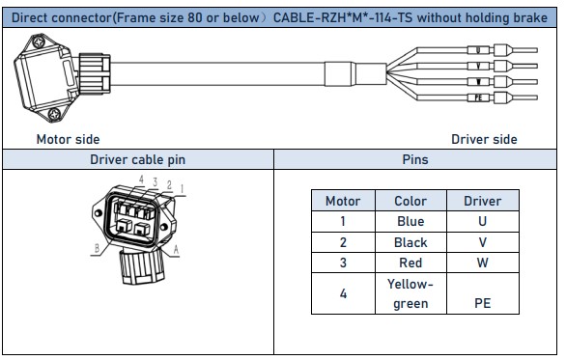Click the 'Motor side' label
click(x=68, y=139)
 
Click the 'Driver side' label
click(x=484, y=139)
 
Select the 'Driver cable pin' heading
click(x=137, y=159)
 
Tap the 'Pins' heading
click(x=414, y=159)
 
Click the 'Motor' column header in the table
click(x=343, y=201)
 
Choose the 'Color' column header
click(x=410, y=201)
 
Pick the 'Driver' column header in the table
click(x=482, y=201)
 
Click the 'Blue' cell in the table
click(x=410, y=221)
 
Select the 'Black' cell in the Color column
click(x=410, y=242)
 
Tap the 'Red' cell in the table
click(x=410, y=263)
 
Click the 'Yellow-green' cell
click(x=410, y=293)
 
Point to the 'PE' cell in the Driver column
click(x=482, y=303)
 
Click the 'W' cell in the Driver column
click(x=482, y=263)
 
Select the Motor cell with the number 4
click(x=343, y=293)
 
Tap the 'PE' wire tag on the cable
click(x=480, y=98)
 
